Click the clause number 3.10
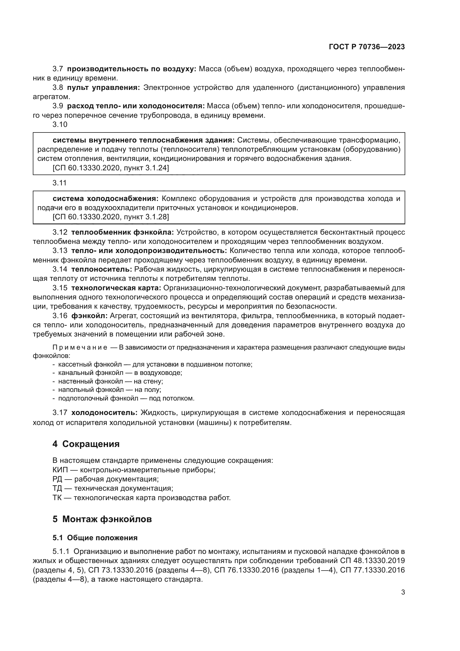coord(60,124)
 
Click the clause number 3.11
coord(60,183)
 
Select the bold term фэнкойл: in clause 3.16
coord(89,316)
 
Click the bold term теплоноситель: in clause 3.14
coord(102,269)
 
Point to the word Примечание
coord(80,348)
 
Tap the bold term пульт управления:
coord(103,88)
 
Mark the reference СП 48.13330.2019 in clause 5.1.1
coord(371,561)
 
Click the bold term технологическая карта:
coord(116,288)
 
